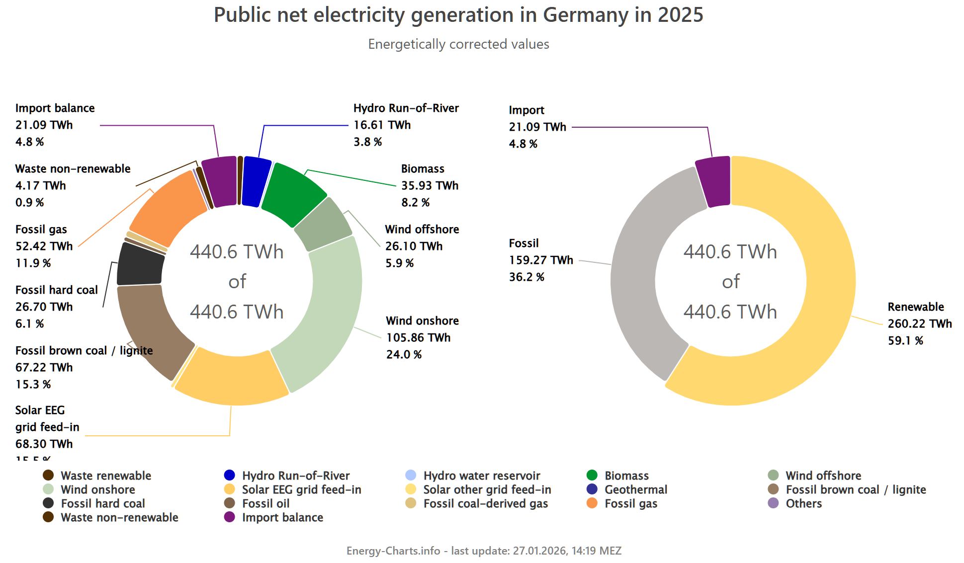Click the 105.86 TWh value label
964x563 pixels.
pyautogui.click(x=418, y=338)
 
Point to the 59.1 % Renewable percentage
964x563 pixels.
pyautogui.click(x=905, y=341)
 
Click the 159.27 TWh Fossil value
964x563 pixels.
pyautogui.click(x=541, y=260)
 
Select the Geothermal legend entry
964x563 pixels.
pyautogui.click(x=635, y=489)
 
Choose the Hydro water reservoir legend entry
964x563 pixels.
pyautogui.click(x=481, y=476)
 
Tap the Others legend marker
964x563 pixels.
pyautogui.click(x=774, y=503)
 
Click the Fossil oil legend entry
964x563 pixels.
pyautogui.click(x=265, y=503)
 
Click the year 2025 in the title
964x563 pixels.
pyautogui.click(x=681, y=15)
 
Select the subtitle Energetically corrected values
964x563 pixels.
pyautogui.click(x=458, y=44)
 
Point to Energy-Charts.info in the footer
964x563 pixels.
pyautogui.click(x=393, y=551)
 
